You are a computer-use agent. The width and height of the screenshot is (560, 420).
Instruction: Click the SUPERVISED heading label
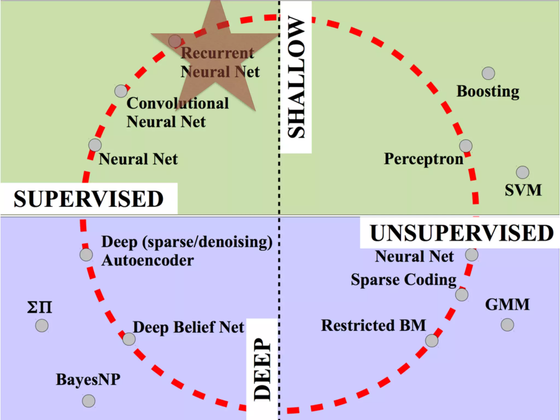(x=89, y=199)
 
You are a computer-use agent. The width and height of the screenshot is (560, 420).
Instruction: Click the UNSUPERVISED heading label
(x=462, y=233)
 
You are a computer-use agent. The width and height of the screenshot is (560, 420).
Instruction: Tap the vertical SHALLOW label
(x=296, y=77)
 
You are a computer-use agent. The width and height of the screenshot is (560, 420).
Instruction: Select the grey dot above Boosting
(x=488, y=73)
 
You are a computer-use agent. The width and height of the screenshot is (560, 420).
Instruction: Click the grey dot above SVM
(x=523, y=172)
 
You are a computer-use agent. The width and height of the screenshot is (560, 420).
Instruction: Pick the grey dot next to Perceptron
(x=466, y=146)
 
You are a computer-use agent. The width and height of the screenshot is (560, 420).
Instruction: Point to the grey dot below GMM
(x=507, y=325)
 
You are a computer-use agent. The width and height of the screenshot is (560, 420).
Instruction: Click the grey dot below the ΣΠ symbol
(x=42, y=326)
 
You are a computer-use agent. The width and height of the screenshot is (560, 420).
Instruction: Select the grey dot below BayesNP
(x=89, y=401)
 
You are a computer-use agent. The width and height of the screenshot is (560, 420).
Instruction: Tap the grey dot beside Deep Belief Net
(x=129, y=339)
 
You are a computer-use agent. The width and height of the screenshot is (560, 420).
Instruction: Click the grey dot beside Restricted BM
(x=432, y=340)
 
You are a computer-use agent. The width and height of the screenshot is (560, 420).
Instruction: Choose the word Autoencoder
(x=148, y=260)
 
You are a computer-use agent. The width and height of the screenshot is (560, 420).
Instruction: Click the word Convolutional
(x=177, y=103)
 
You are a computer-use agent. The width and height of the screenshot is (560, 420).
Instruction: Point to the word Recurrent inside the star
(x=217, y=53)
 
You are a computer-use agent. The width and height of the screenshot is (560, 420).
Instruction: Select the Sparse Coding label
(x=404, y=280)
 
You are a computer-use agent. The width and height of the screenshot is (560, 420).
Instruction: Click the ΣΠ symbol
(x=40, y=307)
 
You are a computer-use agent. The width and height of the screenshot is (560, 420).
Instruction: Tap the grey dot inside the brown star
(x=175, y=41)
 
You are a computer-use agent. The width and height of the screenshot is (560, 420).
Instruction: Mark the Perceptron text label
(x=424, y=159)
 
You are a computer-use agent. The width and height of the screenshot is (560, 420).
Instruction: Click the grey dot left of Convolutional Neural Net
(x=121, y=91)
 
